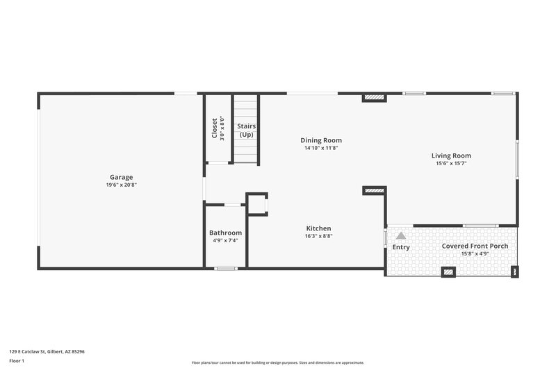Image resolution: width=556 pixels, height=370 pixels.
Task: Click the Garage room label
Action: click(120, 177)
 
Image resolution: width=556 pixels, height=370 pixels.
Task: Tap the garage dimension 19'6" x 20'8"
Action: click(120, 185)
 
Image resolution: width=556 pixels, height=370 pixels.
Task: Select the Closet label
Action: click(214, 128)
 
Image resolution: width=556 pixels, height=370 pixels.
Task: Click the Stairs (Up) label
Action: click(247, 130)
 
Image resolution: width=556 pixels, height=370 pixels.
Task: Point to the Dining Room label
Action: click(320, 140)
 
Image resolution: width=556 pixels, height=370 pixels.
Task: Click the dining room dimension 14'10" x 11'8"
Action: click(320, 148)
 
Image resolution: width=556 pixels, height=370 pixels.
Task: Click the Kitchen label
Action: click(319, 228)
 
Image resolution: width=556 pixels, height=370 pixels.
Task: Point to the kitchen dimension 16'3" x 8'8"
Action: click(319, 236)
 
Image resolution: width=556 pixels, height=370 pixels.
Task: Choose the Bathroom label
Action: click(225, 233)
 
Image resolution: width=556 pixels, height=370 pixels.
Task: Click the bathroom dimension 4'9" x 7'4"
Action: click(225, 241)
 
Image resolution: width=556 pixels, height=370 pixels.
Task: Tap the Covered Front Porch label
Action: click(475, 246)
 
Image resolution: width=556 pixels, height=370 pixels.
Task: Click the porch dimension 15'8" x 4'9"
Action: click(475, 254)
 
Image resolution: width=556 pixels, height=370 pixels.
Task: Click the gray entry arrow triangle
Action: click(400, 236)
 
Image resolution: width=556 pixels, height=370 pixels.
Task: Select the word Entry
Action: click(401, 247)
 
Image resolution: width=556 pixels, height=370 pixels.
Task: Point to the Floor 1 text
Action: click(17, 361)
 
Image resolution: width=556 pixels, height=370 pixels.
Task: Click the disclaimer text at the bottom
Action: click(278, 362)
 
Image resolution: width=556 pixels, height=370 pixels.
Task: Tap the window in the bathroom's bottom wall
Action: click(224, 268)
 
